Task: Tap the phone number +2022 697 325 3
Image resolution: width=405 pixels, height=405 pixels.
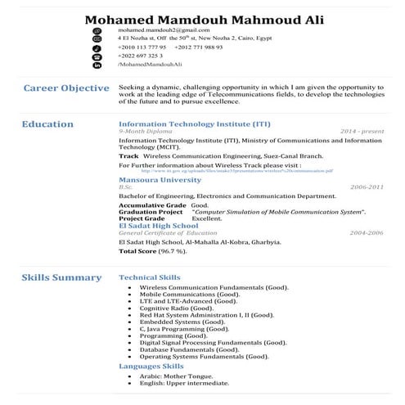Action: pos(146,55)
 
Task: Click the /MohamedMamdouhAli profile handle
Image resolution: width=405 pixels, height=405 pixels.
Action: pos(151,63)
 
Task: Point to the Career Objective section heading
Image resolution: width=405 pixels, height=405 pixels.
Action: pos(66,88)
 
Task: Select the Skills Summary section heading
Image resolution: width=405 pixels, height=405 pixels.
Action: pos(61,277)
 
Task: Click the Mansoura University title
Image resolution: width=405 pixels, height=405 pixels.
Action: pos(160,178)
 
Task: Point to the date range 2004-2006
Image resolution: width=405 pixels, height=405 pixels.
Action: pos(366,233)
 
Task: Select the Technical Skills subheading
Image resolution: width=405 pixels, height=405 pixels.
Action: pos(150,278)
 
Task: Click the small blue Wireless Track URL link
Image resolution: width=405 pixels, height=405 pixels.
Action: pos(231,171)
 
